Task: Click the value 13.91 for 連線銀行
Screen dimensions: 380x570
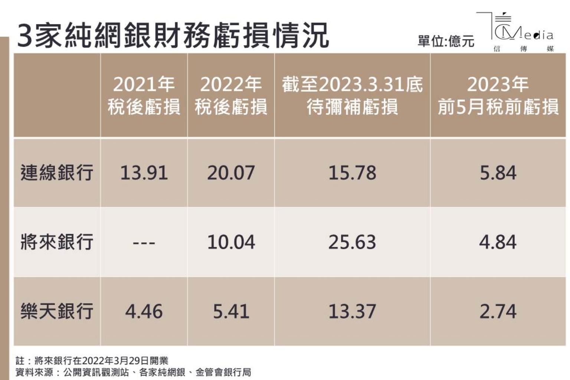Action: (x=144, y=173)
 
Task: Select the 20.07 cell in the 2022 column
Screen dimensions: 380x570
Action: (x=231, y=173)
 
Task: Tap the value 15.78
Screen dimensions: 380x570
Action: (x=352, y=173)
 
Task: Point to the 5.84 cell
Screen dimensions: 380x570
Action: (x=498, y=173)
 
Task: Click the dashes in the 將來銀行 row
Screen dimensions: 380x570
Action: (x=144, y=243)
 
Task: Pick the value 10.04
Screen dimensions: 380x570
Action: (x=231, y=242)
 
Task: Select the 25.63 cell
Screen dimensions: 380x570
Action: (x=352, y=242)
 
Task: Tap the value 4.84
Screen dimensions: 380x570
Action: (x=498, y=242)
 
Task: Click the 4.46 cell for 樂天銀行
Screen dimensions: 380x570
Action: (x=144, y=311)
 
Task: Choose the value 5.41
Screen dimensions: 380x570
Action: (x=231, y=311)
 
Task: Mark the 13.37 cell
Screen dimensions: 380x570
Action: (x=352, y=311)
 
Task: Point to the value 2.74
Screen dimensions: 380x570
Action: (x=498, y=311)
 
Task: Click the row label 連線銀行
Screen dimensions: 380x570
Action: (x=57, y=173)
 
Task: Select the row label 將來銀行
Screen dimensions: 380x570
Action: (x=57, y=242)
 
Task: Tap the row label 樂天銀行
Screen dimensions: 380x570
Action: (x=57, y=311)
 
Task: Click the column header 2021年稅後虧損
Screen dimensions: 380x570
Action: (x=144, y=96)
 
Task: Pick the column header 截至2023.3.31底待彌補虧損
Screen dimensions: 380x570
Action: (x=352, y=96)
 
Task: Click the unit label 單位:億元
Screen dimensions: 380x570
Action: (x=446, y=41)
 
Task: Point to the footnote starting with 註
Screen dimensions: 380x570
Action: (x=92, y=360)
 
